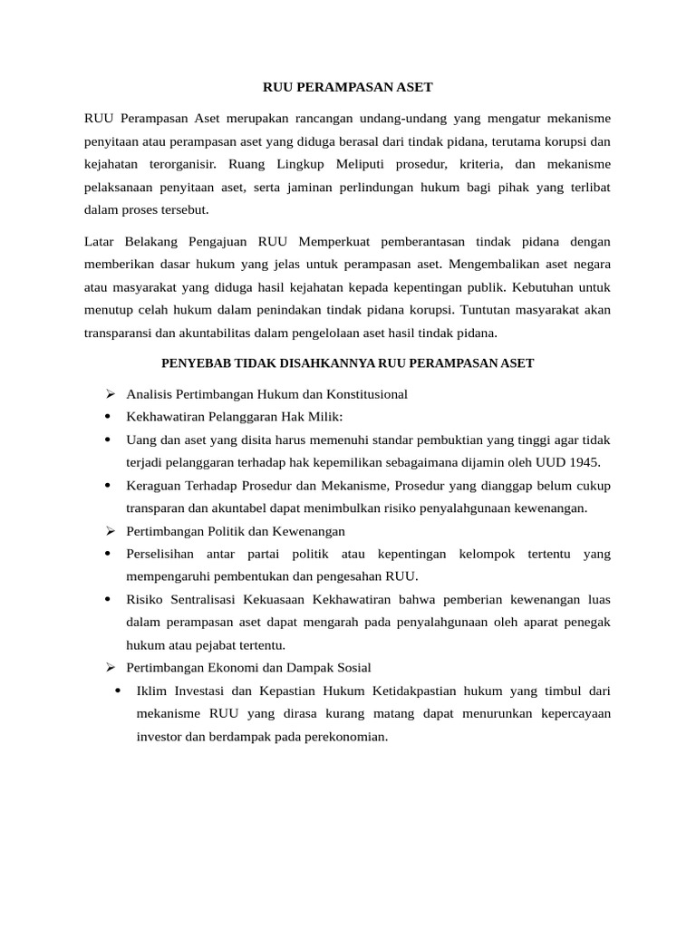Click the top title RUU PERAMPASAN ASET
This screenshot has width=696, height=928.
(348, 87)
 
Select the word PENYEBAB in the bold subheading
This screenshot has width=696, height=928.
(193, 363)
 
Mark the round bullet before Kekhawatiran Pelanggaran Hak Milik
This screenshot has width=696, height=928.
(109, 417)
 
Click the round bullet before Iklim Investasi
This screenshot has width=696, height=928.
(119, 691)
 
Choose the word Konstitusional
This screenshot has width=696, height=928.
(364, 394)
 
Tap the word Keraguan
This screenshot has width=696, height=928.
(154, 485)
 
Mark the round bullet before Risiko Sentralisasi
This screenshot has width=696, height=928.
(109, 599)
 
